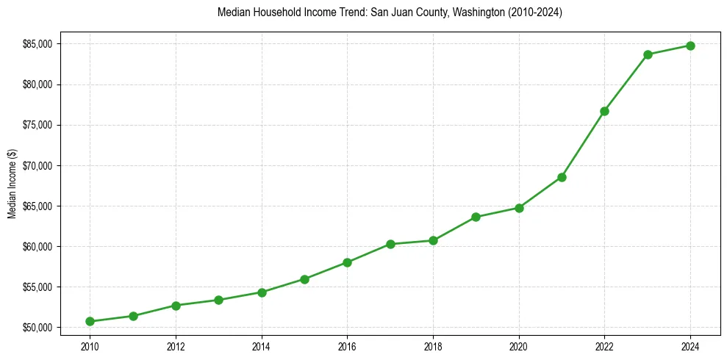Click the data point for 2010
point(90,321)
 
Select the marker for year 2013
point(218,300)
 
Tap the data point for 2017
point(390,244)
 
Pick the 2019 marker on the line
point(476,217)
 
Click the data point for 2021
point(562,177)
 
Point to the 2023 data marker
point(648,54)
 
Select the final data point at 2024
point(690,46)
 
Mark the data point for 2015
point(304,279)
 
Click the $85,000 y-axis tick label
point(37,44)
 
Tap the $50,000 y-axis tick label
point(37,327)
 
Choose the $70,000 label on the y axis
point(37,165)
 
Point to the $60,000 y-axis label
point(37,246)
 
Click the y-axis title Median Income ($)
point(12,184)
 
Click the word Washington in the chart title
point(458,12)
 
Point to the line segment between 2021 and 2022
point(583,144)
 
